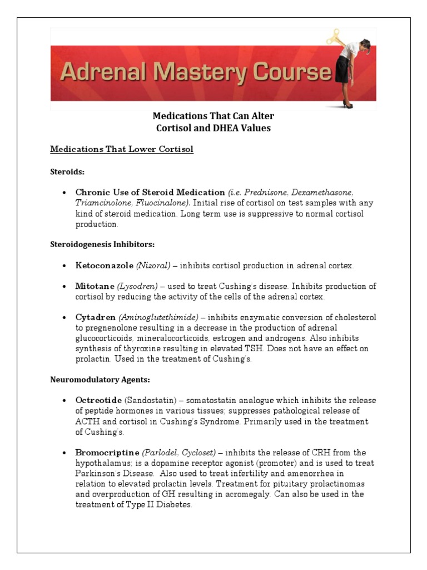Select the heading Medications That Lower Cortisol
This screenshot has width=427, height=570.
pyautogui.click(x=122, y=150)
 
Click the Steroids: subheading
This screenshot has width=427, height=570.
pyautogui.click(x=67, y=172)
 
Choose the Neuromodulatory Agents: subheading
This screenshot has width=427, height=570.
pyautogui.click(x=101, y=380)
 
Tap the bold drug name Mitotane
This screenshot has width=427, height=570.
pyautogui.click(x=95, y=286)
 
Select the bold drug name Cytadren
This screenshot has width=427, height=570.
pyautogui.click(x=96, y=317)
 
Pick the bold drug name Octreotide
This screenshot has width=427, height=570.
pyautogui.click(x=98, y=401)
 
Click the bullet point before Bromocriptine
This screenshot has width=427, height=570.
pyautogui.click(x=65, y=453)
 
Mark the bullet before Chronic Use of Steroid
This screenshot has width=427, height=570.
pyautogui.click(x=65, y=193)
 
